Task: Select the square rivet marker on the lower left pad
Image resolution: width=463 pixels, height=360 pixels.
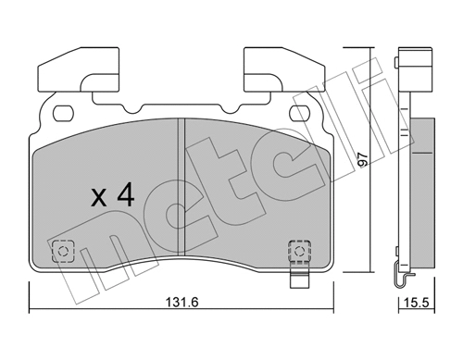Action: click(x=63, y=250)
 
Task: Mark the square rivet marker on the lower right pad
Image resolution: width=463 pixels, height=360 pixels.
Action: click(x=298, y=249)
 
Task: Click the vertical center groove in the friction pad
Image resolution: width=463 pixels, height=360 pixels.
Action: click(x=180, y=186)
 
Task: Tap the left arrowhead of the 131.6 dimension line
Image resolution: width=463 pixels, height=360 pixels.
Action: click(x=33, y=309)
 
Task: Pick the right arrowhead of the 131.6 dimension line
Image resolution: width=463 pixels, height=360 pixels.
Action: click(x=331, y=309)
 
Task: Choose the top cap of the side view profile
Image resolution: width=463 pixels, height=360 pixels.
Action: click(x=406, y=56)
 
